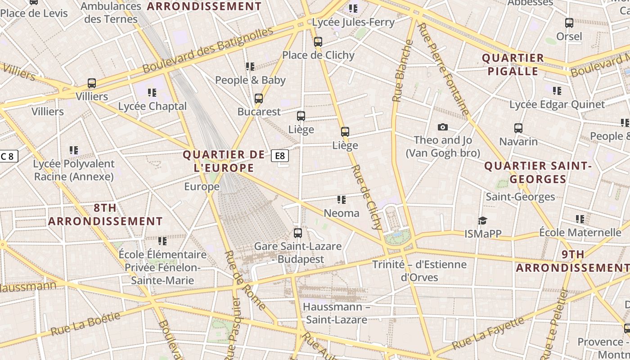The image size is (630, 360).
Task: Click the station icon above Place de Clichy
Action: point(318,42)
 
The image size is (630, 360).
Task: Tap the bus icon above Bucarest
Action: point(259,99)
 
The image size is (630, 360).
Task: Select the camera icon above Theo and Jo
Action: point(443,127)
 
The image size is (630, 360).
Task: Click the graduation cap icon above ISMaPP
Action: point(482,220)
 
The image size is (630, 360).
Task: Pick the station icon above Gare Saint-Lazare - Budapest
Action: point(298,233)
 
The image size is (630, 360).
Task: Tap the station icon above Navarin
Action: point(518,128)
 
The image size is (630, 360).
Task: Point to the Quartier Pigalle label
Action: point(513,64)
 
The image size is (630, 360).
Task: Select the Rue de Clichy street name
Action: point(367,197)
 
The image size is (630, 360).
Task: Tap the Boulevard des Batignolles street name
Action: point(208,50)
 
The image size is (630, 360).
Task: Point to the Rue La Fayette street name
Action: point(488,333)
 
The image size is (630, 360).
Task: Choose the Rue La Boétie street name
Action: point(85,324)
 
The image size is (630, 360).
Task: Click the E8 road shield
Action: point(280,156)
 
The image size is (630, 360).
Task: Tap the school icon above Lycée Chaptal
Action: point(152,93)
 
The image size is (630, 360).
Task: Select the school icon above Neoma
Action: point(342,199)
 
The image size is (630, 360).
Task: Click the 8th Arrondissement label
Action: point(105,215)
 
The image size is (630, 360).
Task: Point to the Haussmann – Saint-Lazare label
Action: point(336,313)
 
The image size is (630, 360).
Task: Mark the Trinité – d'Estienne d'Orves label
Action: point(419,270)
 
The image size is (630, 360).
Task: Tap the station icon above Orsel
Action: point(569,23)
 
